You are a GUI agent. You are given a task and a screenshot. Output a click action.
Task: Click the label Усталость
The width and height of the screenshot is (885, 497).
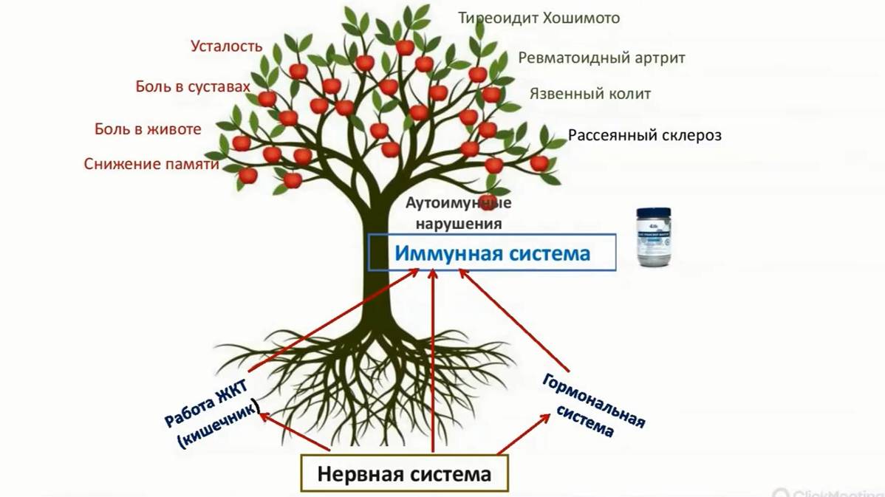click(226, 46)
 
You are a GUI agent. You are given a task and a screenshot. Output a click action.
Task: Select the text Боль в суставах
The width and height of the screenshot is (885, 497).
click(193, 87)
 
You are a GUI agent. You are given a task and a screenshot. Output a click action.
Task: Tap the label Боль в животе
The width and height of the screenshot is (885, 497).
click(148, 129)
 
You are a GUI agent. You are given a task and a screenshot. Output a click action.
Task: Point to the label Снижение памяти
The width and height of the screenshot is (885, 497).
click(151, 164)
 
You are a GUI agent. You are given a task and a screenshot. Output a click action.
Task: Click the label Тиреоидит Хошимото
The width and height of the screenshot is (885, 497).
click(539, 18)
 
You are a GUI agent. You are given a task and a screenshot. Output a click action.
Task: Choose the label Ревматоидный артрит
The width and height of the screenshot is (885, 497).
click(601, 58)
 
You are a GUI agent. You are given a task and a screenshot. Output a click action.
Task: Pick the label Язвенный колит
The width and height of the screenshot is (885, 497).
click(590, 94)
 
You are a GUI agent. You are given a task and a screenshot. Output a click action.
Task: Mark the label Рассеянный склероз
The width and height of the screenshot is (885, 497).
click(644, 135)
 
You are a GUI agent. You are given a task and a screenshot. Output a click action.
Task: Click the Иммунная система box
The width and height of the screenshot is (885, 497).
click(491, 253)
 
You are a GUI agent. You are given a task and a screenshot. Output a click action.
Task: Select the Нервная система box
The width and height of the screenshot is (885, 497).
click(404, 473)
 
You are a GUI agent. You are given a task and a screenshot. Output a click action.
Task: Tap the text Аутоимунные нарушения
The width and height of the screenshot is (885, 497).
click(458, 213)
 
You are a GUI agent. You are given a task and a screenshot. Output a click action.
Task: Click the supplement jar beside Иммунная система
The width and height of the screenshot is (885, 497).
click(654, 237)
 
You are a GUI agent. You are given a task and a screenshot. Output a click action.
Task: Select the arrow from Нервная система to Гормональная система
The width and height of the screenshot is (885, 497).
click(523, 433)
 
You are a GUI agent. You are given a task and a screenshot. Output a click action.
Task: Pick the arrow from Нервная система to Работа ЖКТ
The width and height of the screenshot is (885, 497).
click(293, 431)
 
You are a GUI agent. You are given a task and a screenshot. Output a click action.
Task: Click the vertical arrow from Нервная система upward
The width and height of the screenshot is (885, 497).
click(433, 362)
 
